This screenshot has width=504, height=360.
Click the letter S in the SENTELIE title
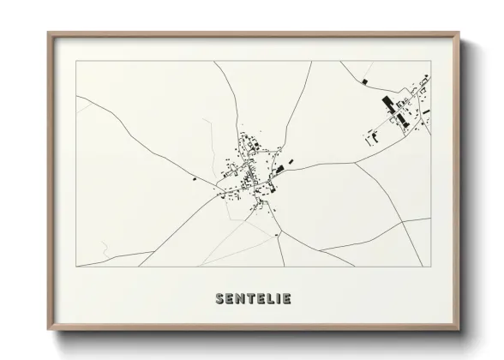[x=221, y=299]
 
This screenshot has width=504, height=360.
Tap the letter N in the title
[x=242, y=299]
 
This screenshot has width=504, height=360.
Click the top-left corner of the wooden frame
[x=49, y=33]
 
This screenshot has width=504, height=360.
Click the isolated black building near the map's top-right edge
[x=366, y=81]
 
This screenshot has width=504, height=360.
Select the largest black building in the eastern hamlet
[x=387, y=105]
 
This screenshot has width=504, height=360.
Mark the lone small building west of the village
[x=195, y=179]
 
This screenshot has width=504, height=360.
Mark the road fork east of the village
[x=355, y=161]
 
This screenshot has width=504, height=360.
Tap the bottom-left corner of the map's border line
[x=76, y=267]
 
